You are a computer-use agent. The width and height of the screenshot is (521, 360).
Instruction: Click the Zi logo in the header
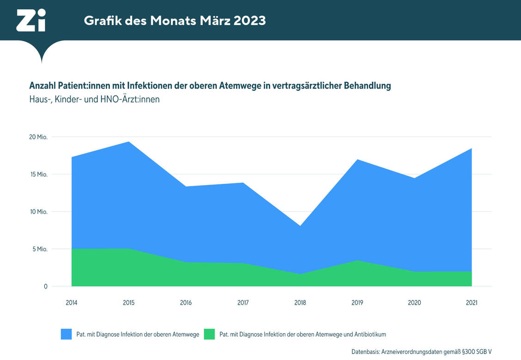click(31, 21)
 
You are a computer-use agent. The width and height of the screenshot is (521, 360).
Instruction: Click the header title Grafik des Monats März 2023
click(175, 21)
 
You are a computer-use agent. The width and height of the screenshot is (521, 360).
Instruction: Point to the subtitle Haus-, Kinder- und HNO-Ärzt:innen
click(94, 99)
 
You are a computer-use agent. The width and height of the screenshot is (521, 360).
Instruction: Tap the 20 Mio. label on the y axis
click(39, 137)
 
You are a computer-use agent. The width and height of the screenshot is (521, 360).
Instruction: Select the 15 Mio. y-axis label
click(39, 174)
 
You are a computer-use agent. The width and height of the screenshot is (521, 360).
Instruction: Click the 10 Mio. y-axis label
click(39, 212)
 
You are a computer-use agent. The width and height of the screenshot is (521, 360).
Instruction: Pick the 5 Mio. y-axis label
click(40, 249)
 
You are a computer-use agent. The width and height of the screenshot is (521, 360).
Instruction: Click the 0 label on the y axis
click(46, 287)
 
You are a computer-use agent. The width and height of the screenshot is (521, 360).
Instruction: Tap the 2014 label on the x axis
click(72, 303)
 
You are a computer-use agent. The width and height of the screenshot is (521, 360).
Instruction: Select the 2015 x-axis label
click(129, 303)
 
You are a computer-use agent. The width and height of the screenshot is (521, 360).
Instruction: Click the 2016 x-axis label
click(186, 303)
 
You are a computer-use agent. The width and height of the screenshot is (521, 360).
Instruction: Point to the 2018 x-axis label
click(300, 303)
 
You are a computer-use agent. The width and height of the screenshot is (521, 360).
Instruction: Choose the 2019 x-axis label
click(357, 303)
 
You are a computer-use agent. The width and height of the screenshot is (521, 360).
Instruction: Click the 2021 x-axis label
click(472, 303)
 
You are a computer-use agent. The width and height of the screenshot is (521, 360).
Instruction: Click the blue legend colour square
click(67, 334)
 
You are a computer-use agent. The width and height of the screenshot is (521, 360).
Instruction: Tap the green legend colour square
click(209, 334)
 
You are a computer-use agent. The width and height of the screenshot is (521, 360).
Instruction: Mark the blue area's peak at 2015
click(129, 142)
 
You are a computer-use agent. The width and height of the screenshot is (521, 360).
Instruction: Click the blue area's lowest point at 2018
click(300, 226)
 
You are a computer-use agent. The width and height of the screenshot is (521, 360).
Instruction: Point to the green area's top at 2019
click(357, 261)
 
